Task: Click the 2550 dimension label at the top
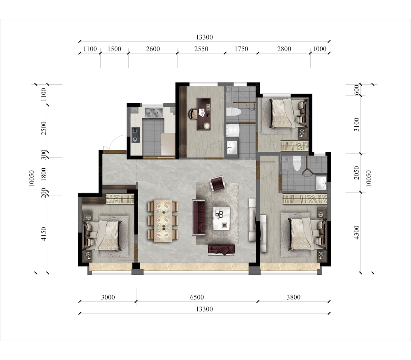[x=201, y=49]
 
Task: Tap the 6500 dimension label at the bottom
[x=197, y=297]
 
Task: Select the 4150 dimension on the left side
[x=44, y=234]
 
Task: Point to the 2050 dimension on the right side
[x=356, y=173]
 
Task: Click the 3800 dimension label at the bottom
[x=293, y=297]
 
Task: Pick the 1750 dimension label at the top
[x=241, y=49]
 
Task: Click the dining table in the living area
[x=163, y=221]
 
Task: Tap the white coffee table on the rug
[x=221, y=218]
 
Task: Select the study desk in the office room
[x=204, y=114]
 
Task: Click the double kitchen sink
[x=154, y=113]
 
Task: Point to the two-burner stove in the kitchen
[x=136, y=135]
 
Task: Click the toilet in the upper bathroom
[x=233, y=112]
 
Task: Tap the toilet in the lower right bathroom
[x=297, y=163]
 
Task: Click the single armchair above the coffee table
[x=217, y=183]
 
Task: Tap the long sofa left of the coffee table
[x=199, y=217]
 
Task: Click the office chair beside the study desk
[x=192, y=114]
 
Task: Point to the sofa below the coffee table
[x=222, y=250]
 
